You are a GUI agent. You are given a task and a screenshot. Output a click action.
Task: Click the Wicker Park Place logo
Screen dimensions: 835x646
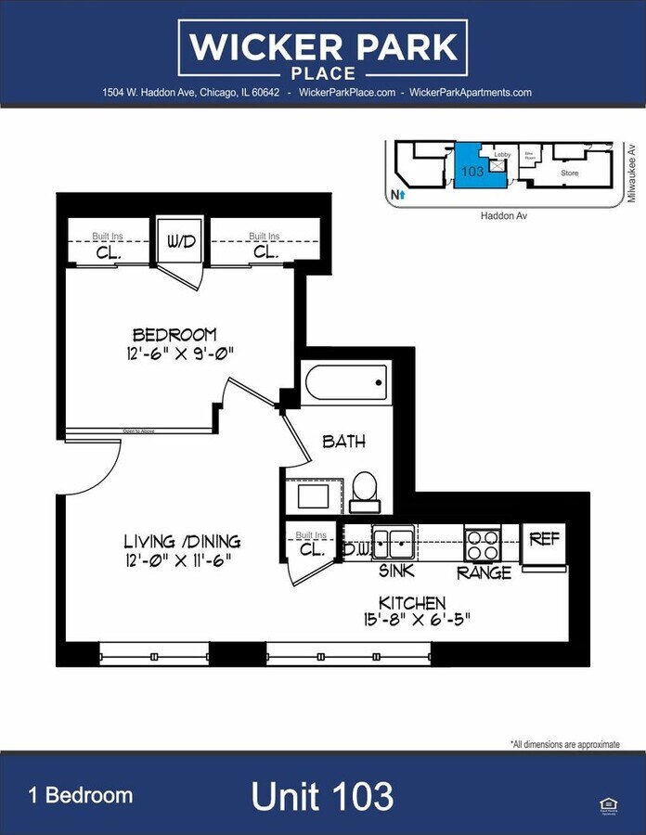pyautogui.click(x=323, y=51)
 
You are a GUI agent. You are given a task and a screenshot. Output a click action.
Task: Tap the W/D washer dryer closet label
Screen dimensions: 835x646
pyautogui.click(x=181, y=242)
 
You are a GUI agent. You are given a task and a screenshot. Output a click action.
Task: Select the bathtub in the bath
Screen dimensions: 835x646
pyautogui.click(x=345, y=381)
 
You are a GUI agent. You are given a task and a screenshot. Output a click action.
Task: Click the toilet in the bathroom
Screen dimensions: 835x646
pyautogui.click(x=364, y=490)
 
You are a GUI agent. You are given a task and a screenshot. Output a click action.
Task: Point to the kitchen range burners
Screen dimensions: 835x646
pyautogui.click(x=482, y=545)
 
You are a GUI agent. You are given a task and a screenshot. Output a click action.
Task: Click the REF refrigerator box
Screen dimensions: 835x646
pyautogui.click(x=544, y=539)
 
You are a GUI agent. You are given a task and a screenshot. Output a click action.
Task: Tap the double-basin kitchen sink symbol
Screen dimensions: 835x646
pyautogui.click(x=394, y=542)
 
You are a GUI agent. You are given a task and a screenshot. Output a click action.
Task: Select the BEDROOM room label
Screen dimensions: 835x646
pyautogui.click(x=174, y=334)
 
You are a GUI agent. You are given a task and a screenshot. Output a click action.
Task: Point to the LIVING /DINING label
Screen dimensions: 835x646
pyautogui.click(x=183, y=541)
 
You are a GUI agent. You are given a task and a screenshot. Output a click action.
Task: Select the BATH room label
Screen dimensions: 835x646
pyautogui.click(x=343, y=442)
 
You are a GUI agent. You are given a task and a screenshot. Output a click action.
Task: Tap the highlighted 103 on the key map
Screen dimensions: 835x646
pyautogui.click(x=472, y=171)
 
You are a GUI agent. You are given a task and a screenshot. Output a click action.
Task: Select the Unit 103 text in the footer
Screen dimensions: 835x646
pyautogui.click(x=322, y=796)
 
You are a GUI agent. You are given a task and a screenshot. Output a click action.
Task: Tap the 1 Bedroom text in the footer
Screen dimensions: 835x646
pyautogui.click(x=89, y=795)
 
